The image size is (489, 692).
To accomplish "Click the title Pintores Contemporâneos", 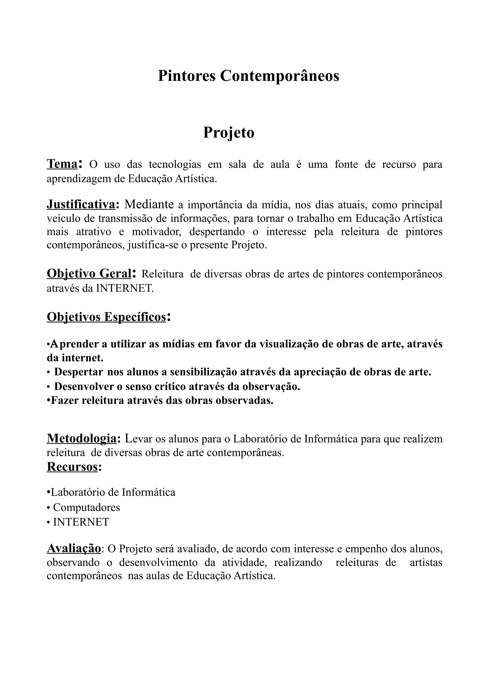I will pos(248,76).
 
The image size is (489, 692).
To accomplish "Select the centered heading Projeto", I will pos(229,132).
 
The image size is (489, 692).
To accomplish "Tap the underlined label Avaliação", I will pos(74,548).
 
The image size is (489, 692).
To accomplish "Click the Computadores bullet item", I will pos(86,507).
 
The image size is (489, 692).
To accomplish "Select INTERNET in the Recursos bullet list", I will pos(81,522).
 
